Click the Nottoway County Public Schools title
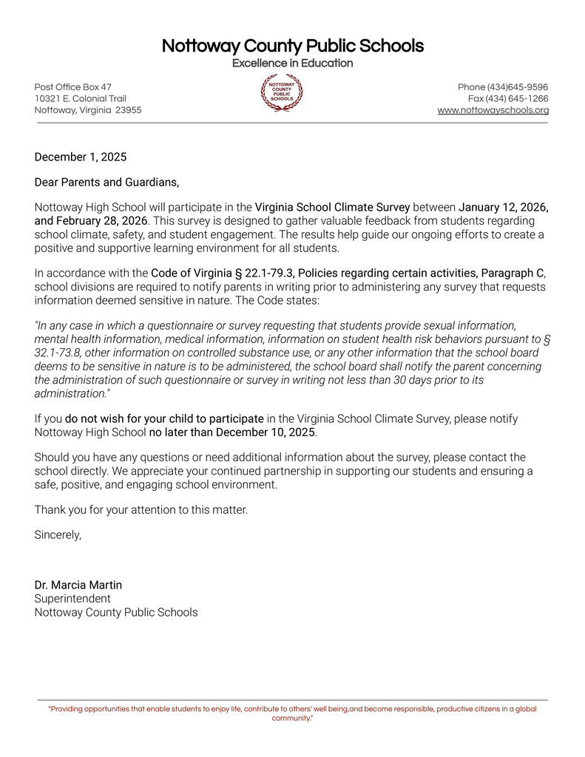pos(292,46)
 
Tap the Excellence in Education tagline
pos(292,64)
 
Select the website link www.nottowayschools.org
pos(493,110)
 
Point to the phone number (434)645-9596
pos(517,87)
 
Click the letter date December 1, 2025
pos(81,157)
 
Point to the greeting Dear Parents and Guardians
pos(106,181)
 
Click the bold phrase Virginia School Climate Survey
pos(332,207)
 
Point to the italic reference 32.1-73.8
pos(55,353)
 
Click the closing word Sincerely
pos(58,534)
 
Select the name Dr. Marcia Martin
pos(78,585)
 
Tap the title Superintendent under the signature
pos(72,598)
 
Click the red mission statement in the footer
pos(292,713)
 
